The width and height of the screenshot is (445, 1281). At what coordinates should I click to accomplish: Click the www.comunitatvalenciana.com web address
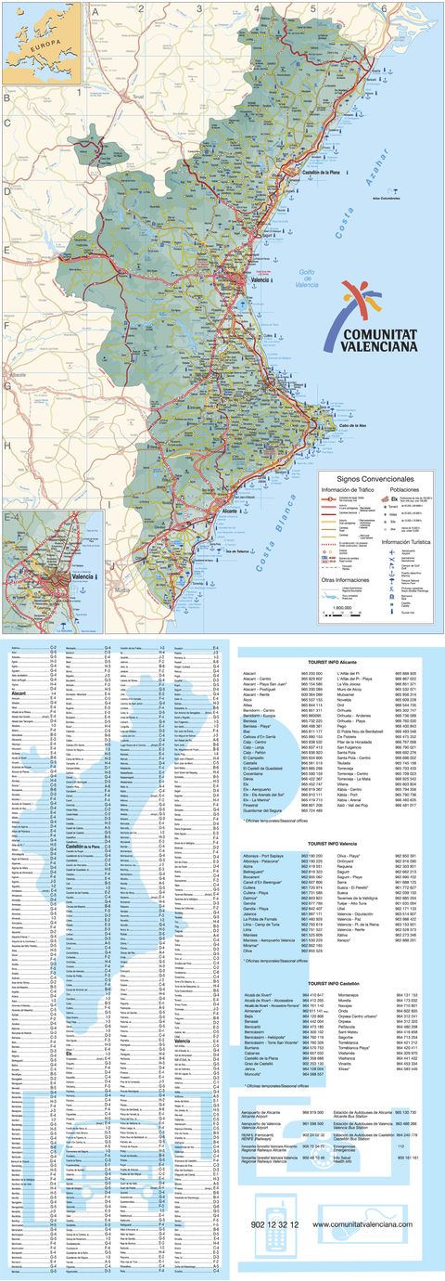click(362, 1251)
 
